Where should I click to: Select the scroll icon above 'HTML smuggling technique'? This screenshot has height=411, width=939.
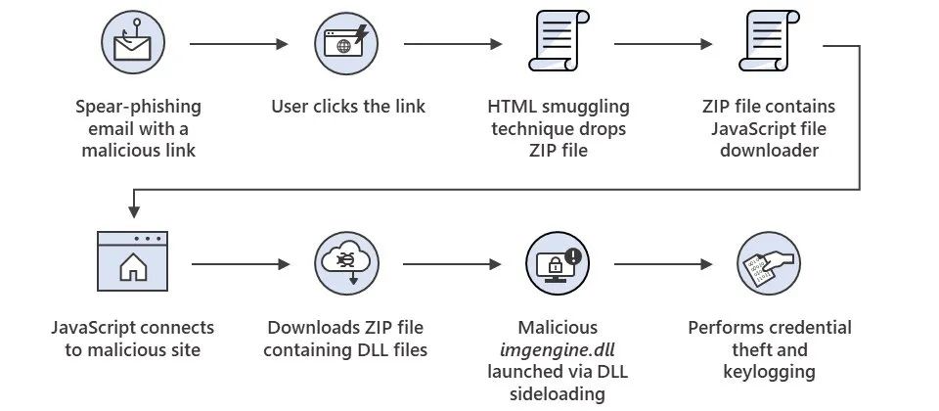[559, 44]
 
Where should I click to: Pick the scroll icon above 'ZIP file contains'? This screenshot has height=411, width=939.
[769, 44]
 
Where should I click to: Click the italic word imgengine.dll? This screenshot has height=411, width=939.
[558, 349]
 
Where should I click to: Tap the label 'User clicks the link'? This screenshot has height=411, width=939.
[348, 106]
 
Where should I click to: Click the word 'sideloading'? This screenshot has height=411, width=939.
[558, 394]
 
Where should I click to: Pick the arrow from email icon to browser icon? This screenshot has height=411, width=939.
[240, 44]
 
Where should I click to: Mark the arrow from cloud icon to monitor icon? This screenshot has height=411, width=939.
[452, 264]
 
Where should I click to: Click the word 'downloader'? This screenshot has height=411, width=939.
[769, 151]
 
